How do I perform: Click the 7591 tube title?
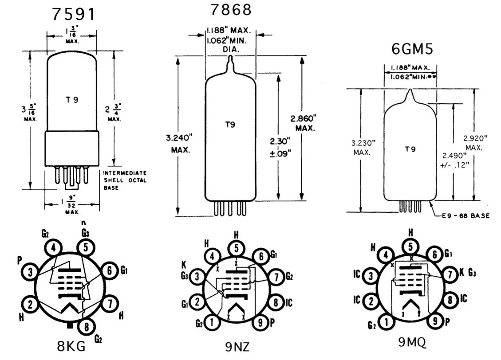pyautogui.click(x=74, y=14)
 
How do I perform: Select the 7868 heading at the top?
pyautogui.click(x=231, y=9)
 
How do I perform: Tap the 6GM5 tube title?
pyautogui.click(x=412, y=49)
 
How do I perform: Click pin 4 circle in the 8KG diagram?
pyautogui.click(x=53, y=248)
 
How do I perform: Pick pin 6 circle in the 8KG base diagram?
pyautogui.click(x=109, y=270)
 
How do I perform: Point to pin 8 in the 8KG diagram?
pyautogui.click(x=86, y=326)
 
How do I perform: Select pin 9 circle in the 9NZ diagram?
pyautogui.click(x=261, y=323)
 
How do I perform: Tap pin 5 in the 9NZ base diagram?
pyautogui.click(x=236, y=248)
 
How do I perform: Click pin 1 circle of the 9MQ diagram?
pyautogui.click(x=387, y=322)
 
